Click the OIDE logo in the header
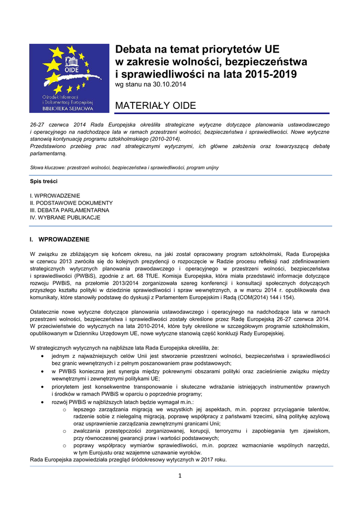[x=69, y=78]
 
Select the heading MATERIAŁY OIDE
[x=155, y=106]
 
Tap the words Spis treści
[x=44, y=181]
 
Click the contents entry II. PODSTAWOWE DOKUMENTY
[x=72, y=203]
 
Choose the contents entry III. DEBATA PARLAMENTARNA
[x=70, y=210]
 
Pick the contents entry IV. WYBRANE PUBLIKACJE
[x=65, y=217]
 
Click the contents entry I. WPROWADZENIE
[x=55, y=196]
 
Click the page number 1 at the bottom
[x=180, y=476]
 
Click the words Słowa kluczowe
[x=47, y=168]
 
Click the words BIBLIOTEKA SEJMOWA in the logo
[x=69, y=107]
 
